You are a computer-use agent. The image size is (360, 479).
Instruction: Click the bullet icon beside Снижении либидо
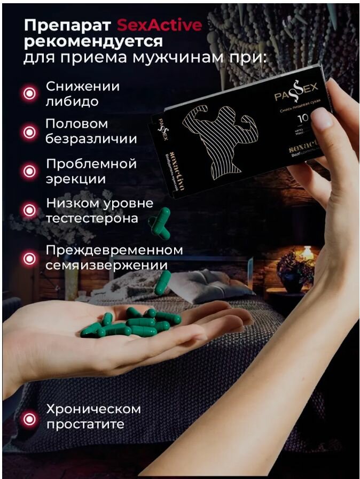(29, 94)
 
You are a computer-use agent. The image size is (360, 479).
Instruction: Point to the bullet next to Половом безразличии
(29, 132)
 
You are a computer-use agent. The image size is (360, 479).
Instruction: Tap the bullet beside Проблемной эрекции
(29, 171)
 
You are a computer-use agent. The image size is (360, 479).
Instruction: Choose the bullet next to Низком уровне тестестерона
(29, 211)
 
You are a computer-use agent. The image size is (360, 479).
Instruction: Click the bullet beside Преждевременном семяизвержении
(29, 258)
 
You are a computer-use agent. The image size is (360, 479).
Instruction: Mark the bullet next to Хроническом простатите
(29, 417)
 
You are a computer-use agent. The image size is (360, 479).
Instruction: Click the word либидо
(73, 102)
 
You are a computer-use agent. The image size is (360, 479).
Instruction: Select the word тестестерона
(92, 219)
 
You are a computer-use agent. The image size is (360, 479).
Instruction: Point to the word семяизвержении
(107, 266)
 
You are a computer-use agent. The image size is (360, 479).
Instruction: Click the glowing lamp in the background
(308, 252)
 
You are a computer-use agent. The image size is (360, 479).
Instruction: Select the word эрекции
(75, 179)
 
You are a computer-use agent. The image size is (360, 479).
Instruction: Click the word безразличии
(91, 140)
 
